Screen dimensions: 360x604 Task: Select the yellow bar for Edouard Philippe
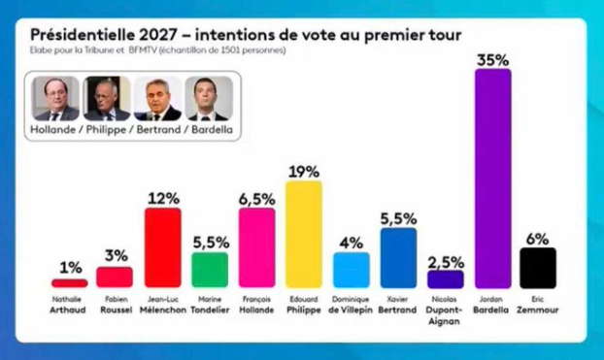click(304, 234)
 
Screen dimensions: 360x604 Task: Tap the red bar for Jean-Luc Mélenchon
click(162, 247)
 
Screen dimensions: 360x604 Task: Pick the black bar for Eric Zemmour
click(538, 268)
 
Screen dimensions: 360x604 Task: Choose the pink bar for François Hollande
click(257, 247)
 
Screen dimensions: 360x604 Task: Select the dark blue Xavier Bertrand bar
click(398, 258)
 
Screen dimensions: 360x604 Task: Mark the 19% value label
click(304, 171)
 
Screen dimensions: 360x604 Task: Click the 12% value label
click(162, 198)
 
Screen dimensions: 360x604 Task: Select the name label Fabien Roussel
click(115, 306)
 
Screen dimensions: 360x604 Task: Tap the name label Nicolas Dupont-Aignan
click(445, 311)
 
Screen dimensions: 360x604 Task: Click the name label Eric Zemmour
click(538, 306)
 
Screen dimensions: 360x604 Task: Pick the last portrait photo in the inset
click(211, 98)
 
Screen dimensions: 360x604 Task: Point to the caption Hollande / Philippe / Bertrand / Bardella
click(133, 129)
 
